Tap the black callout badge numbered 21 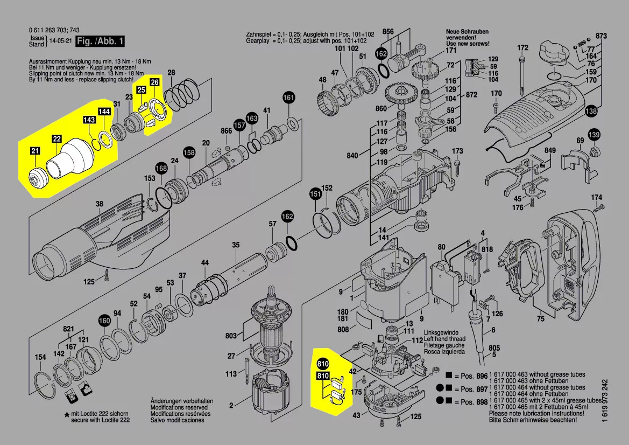(35, 152)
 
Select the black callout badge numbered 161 (289, 98)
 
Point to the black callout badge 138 (592, 112)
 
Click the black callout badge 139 (593, 134)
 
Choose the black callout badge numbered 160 (104, 321)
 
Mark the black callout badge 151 (315, 194)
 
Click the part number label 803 (231, 336)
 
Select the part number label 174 (596, 197)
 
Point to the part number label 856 (388, 32)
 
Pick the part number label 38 (100, 204)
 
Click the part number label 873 (601, 36)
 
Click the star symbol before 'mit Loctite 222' (67, 414)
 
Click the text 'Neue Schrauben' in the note (466, 32)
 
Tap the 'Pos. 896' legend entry (471, 376)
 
